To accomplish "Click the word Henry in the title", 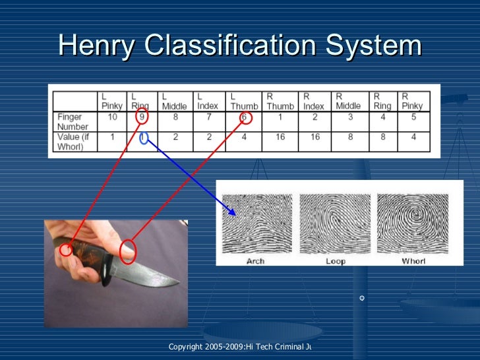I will (x=97, y=45).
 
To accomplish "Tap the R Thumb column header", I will (x=280, y=101).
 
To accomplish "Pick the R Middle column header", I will (x=348, y=101).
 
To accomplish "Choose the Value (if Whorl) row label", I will (x=73, y=142).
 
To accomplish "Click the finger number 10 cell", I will (x=112, y=117).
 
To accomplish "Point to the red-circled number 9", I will (x=142, y=117).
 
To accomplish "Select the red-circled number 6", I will (x=245, y=118).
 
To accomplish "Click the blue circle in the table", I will (x=144, y=138).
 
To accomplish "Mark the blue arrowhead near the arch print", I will (x=231, y=211).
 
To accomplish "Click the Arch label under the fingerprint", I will (x=255, y=261).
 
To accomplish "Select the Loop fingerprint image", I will (x=334, y=224).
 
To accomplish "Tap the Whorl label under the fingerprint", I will (x=413, y=261).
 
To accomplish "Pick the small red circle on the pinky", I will (x=65, y=250).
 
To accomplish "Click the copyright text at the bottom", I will (x=240, y=347).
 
